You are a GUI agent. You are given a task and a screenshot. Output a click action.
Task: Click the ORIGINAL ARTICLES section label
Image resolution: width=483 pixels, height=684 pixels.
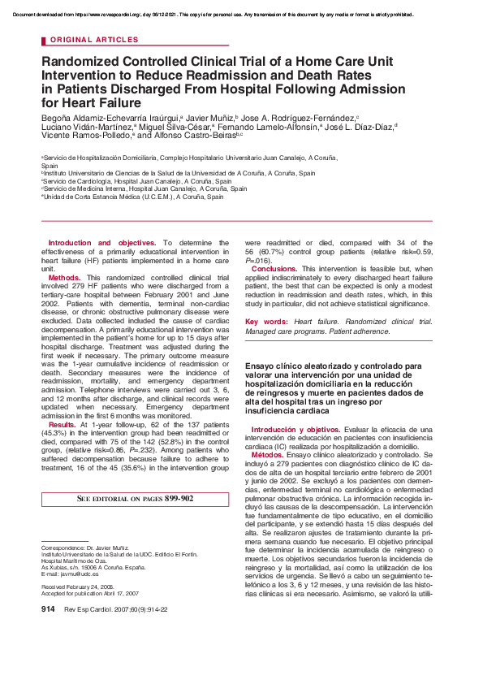94,39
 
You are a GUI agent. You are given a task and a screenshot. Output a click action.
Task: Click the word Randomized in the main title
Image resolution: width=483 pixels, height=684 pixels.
85,61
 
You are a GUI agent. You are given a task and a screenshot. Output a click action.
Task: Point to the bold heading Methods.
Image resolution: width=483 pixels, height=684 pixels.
64,277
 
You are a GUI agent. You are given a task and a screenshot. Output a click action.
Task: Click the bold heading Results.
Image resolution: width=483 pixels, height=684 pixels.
63,425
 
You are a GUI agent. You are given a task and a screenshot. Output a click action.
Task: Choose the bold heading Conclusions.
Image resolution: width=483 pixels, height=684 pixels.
274,268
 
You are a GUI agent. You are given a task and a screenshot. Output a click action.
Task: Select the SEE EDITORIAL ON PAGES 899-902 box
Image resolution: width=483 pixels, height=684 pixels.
135,498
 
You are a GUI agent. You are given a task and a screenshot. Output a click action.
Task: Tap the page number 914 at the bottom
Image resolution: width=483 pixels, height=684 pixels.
47,609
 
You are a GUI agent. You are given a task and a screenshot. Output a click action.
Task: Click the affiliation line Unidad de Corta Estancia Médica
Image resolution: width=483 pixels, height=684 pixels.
133,197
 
